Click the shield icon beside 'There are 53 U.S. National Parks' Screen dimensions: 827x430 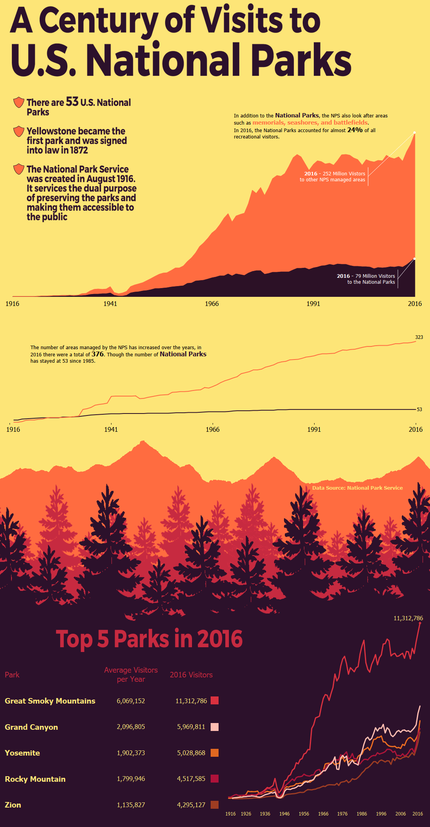coord(19,102)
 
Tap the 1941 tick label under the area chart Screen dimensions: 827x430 coord(110,304)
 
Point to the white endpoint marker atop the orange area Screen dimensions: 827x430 coord(415,133)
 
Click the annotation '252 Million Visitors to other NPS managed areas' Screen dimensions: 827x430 coord(332,177)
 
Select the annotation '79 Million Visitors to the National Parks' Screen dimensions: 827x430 coord(366,279)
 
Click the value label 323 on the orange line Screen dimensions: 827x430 coord(419,337)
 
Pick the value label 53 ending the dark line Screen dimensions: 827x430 coord(419,410)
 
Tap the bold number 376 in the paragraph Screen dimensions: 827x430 coord(98,354)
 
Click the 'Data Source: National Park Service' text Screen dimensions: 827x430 coord(357,488)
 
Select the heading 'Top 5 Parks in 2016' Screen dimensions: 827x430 coord(149,639)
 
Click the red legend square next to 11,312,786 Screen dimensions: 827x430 coord(215,700)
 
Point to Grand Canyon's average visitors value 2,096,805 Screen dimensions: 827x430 coord(131,727)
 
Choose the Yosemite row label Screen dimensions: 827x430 coord(22,753)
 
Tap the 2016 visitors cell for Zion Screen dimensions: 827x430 coord(191,805)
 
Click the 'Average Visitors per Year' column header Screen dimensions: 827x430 coord(131,675)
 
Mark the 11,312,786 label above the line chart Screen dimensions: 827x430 coord(408,618)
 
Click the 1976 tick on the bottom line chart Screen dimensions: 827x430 coord(342,814)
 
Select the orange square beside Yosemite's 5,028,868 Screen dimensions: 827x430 coord(215,753)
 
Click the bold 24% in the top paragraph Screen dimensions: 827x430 coord(355,130)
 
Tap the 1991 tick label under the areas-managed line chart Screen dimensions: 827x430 coord(314,429)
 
